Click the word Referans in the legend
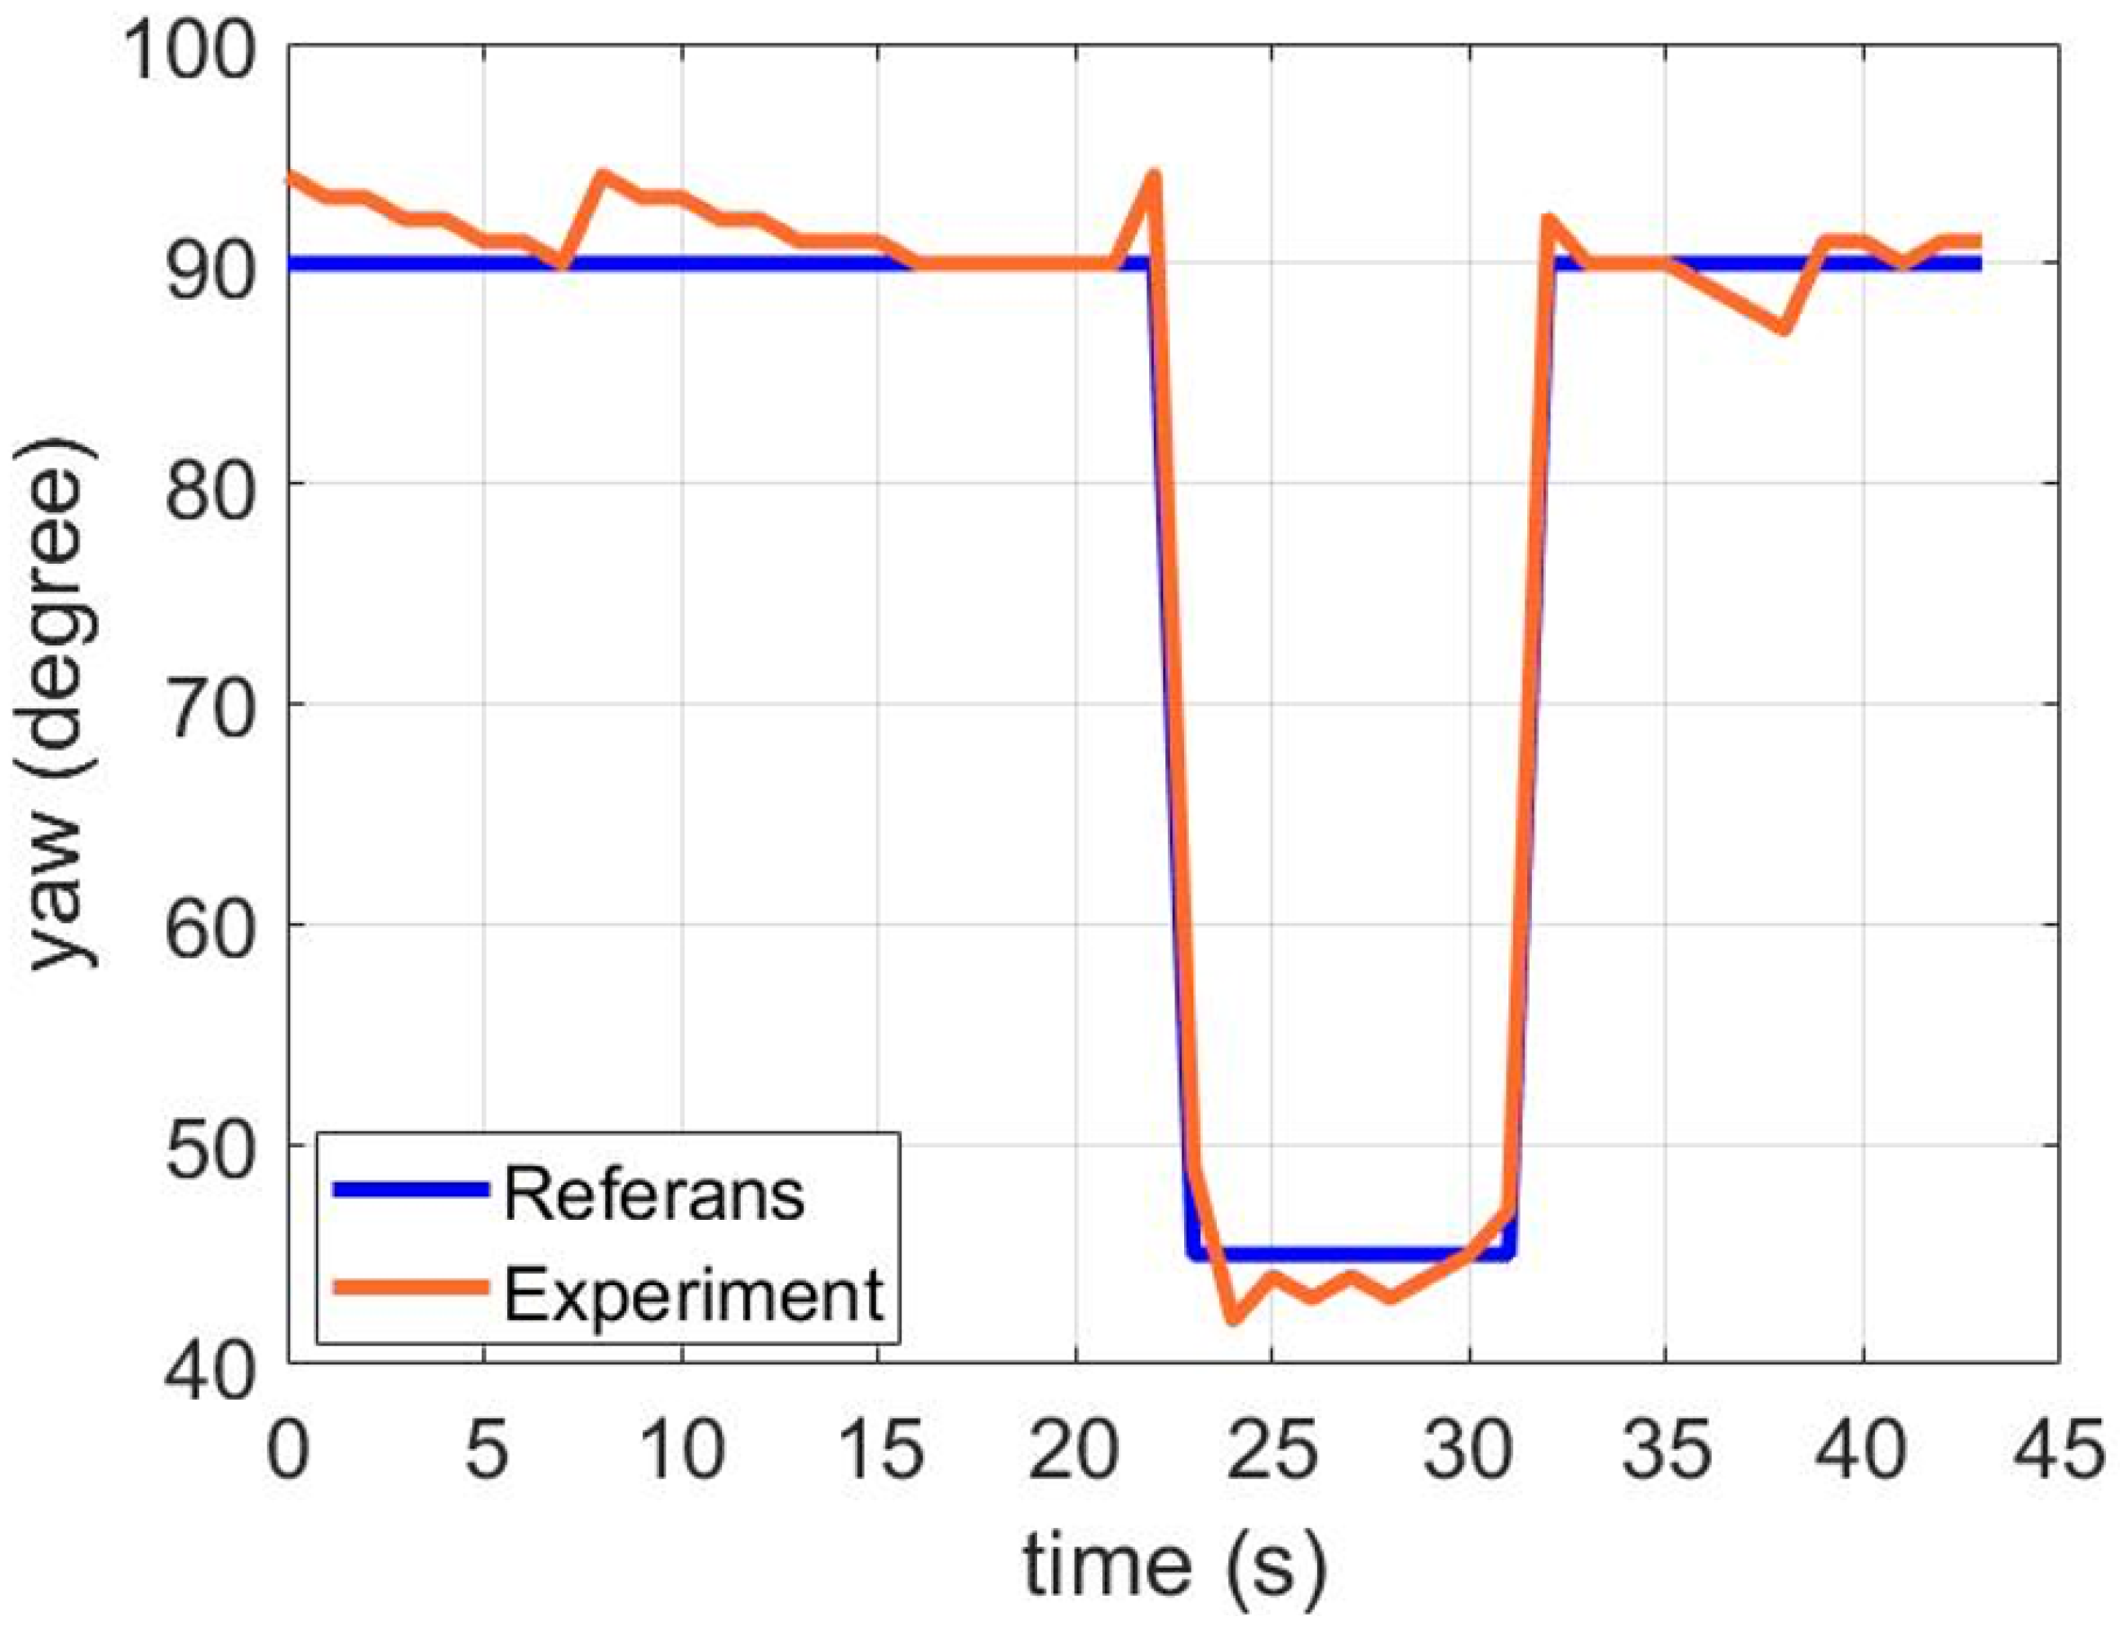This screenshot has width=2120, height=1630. [653, 1195]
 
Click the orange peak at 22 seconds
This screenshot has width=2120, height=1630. [1153, 176]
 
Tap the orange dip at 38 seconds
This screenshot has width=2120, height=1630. [1784, 330]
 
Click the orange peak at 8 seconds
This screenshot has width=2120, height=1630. [602, 176]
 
